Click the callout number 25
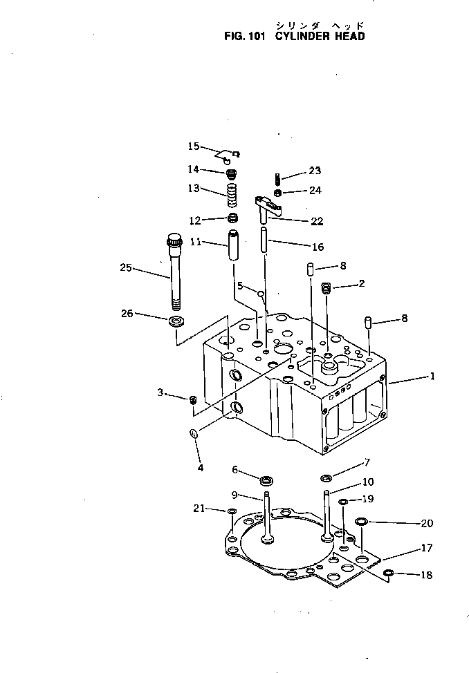pos(126,269)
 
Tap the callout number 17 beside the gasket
pos(426,548)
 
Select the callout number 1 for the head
pos(432,377)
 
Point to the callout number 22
pos(317,221)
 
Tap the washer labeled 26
pos(176,321)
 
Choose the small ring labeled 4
pos(195,434)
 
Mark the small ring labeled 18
pos(389,573)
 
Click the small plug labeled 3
pos(194,399)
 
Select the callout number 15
pos(193,146)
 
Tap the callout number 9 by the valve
pos(234,494)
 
